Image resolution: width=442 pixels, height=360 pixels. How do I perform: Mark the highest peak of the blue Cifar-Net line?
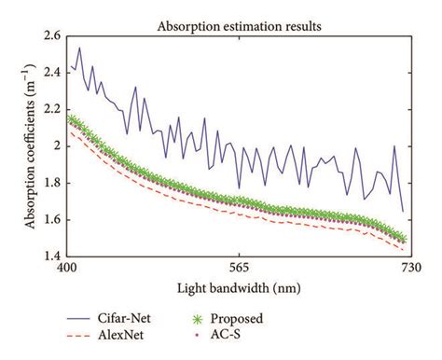(79, 48)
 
